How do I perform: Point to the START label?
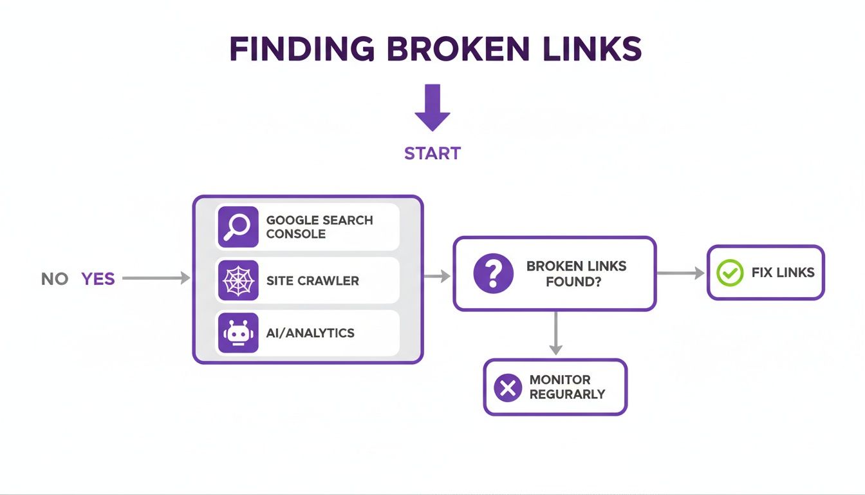tap(432, 153)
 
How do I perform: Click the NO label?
tap(55, 279)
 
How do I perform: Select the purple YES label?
tap(98, 279)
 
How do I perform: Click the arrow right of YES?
tap(156, 278)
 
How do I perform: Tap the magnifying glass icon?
tap(237, 227)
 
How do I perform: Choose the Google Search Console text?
tap(319, 227)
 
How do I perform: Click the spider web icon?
tap(237, 280)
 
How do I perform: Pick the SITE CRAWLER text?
tap(312, 281)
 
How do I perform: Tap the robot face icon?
tap(237, 333)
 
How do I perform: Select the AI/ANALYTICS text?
tap(310, 333)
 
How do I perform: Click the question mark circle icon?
tap(493, 273)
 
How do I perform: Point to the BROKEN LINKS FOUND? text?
tap(576, 273)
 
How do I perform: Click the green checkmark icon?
tap(729, 273)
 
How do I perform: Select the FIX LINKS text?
tap(783, 273)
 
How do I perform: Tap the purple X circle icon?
tap(508, 387)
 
